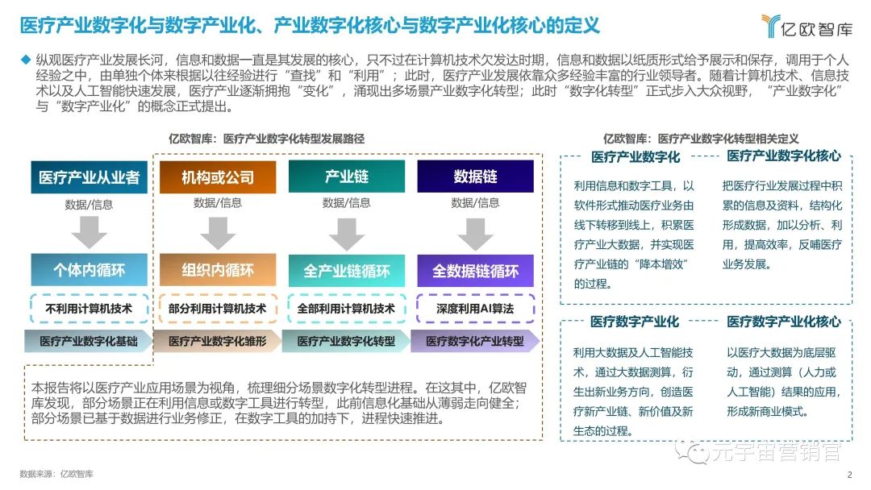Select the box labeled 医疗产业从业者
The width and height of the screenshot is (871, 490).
click(90, 177)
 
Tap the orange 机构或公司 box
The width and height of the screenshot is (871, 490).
click(218, 177)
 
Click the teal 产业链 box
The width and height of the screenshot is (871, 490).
click(347, 177)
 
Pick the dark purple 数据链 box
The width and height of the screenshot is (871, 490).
click(475, 177)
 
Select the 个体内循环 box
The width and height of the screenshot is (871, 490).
click(90, 271)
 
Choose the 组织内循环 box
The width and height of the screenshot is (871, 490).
click(218, 271)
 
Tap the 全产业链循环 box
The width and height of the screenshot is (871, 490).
click(347, 271)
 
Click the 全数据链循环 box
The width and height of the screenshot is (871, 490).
click(475, 271)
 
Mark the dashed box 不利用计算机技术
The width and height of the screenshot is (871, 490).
click(90, 309)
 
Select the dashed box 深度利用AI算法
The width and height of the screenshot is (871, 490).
click(475, 309)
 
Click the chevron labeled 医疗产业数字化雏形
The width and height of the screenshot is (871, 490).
click(218, 341)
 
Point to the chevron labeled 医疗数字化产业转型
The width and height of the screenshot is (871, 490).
click(475, 341)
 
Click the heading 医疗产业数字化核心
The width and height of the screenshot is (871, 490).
click(784, 156)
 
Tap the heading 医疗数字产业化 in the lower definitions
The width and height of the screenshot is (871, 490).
click(635, 322)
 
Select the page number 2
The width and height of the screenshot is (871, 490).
click(849, 474)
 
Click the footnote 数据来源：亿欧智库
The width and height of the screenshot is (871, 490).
click(56, 474)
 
